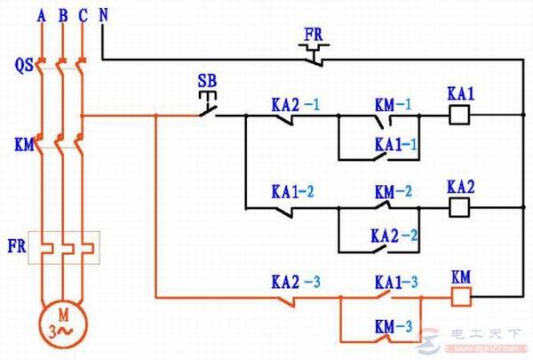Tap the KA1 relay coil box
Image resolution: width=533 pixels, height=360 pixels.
pos(459,115)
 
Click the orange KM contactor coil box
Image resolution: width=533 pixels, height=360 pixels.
pos(460,296)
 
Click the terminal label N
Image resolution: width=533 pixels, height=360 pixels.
pos(104,15)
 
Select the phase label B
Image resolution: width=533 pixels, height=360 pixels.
pos(62,15)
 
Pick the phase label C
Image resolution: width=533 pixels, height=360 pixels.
pos(83,15)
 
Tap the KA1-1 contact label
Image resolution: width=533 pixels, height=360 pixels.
pos(396,143)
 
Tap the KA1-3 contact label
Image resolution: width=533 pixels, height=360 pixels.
pos(396,282)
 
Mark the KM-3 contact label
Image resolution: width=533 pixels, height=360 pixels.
pos(394,325)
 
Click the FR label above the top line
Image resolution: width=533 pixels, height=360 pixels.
pos(313,35)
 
